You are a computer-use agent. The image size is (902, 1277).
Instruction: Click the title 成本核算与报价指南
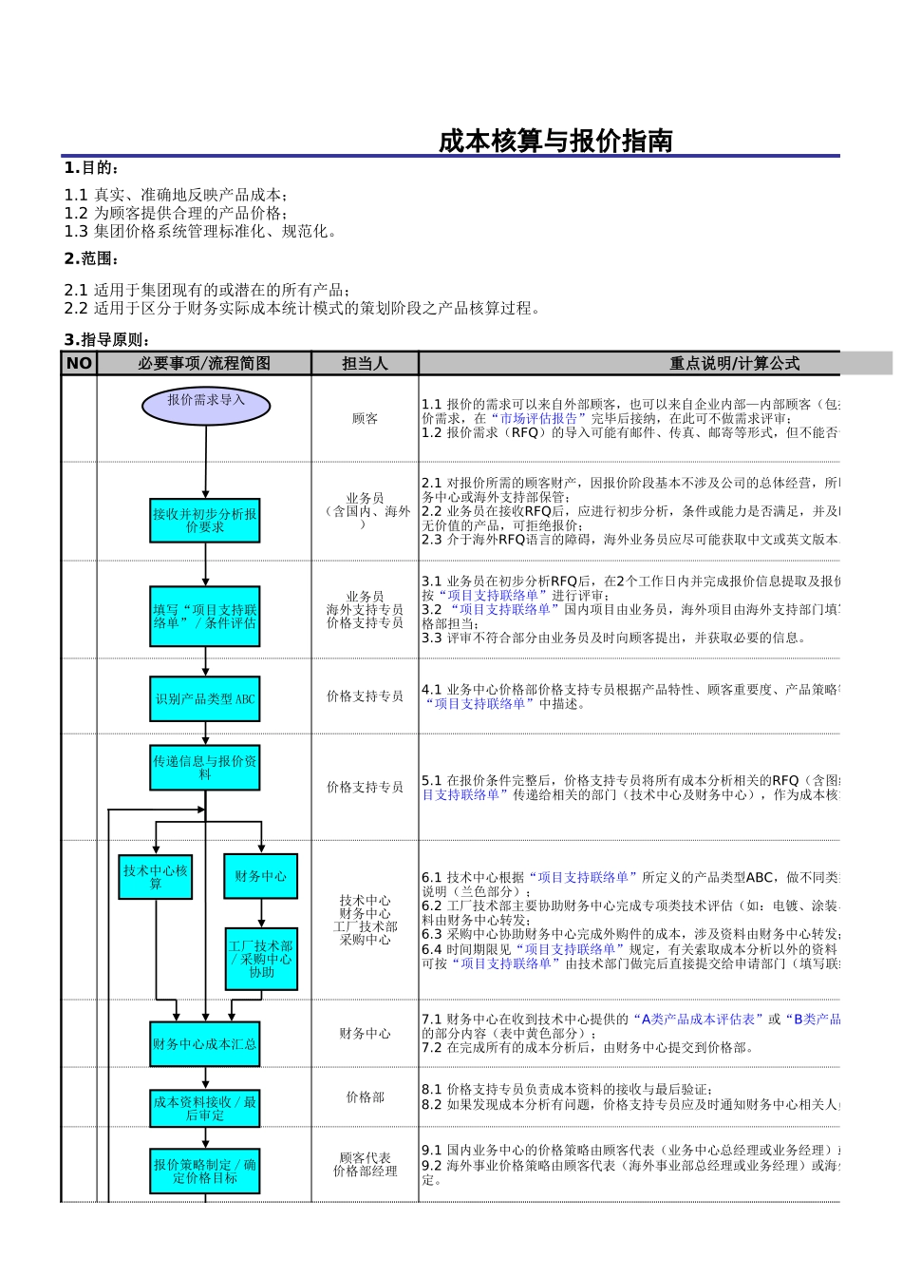[555, 142]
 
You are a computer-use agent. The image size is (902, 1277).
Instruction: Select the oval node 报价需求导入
[206, 406]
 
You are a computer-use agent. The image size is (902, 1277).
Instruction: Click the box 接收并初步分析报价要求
[205, 521]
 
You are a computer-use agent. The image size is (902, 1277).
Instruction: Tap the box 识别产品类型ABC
[205, 699]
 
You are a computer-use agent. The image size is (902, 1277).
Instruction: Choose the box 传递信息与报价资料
[205, 768]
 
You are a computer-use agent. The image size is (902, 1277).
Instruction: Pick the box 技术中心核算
[156, 876]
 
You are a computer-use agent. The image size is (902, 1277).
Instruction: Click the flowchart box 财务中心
[260, 876]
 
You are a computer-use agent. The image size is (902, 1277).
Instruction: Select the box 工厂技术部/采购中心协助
[261, 959]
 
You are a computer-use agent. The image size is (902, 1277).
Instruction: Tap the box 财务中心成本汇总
[205, 1044]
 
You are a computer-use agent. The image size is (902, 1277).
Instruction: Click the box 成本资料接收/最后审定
[205, 1109]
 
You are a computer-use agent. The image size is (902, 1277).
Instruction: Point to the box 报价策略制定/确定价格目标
[205, 1172]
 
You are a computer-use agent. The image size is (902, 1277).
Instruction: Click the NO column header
[79, 363]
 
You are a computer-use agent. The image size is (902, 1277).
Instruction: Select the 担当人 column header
[365, 363]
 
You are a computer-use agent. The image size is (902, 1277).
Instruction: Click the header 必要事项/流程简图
[204, 363]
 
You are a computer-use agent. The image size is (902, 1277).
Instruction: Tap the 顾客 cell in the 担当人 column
[365, 418]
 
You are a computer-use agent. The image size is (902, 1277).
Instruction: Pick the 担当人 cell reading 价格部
[365, 1097]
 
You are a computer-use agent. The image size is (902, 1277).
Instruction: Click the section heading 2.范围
[91, 258]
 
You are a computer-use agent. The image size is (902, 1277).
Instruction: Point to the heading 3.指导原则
[107, 339]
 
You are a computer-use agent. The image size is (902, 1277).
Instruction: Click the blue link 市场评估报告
[538, 418]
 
